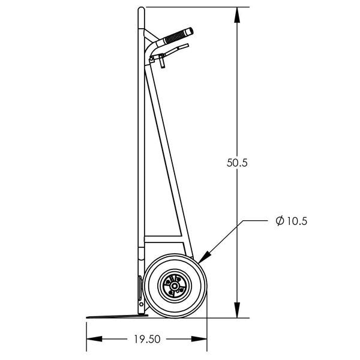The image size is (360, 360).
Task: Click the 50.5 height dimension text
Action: coord(238,163)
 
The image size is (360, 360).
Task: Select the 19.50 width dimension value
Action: coord(146,339)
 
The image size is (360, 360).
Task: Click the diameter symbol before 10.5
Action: coord(279,221)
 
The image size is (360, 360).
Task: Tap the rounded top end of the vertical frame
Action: coord(140,10)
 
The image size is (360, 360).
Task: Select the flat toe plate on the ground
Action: coord(114,315)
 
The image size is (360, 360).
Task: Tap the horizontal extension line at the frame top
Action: coord(192,7)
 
